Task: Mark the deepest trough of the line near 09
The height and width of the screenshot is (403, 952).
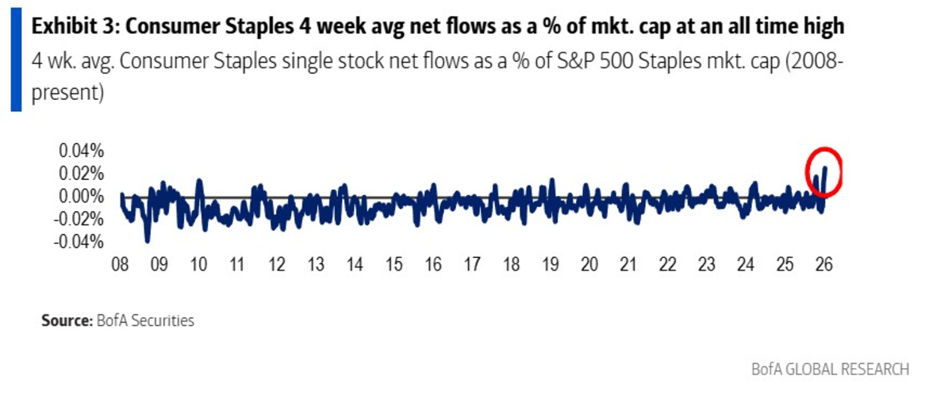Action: (x=147, y=240)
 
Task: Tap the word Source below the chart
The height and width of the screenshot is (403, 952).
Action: (x=64, y=321)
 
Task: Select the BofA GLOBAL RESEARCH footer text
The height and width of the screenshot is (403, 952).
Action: (x=830, y=370)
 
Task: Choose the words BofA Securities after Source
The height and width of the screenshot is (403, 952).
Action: (x=144, y=321)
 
